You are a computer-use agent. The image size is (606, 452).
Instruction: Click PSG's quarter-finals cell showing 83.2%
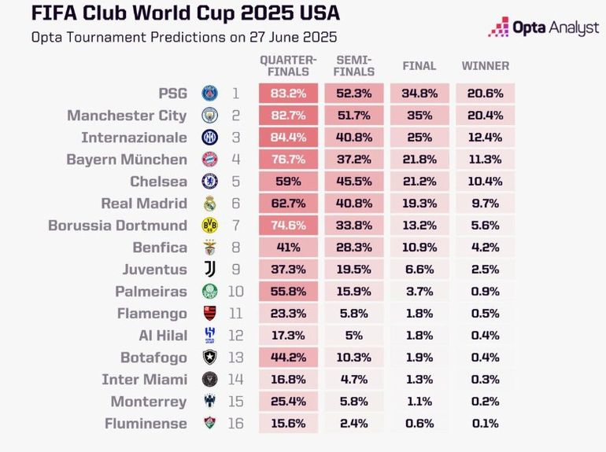click(x=288, y=94)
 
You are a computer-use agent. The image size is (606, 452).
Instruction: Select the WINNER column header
click(x=486, y=66)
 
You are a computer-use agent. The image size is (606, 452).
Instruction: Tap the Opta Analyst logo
click(x=543, y=27)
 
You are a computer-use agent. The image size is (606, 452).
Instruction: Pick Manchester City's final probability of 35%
click(x=419, y=116)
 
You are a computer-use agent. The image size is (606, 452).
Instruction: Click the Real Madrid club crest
click(x=210, y=204)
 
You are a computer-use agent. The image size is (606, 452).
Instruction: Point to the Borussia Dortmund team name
click(x=117, y=226)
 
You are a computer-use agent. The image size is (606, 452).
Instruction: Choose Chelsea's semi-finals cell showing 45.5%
click(x=354, y=182)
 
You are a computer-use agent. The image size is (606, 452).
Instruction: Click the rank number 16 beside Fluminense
click(x=236, y=424)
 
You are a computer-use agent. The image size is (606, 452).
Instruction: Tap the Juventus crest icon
click(x=210, y=270)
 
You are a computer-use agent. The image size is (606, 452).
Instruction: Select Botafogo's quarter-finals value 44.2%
click(x=288, y=358)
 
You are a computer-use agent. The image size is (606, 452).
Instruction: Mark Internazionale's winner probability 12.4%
click(x=486, y=138)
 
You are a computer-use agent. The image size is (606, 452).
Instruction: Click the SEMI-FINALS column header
click(x=354, y=66)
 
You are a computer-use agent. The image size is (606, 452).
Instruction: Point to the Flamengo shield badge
click(x=210, y=314)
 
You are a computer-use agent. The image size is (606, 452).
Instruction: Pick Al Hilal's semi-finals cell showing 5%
click(x=354, y=336)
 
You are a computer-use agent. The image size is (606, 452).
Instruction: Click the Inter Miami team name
click(x=145, y=380)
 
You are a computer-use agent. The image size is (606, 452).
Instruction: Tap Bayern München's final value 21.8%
click(x=419, y=160)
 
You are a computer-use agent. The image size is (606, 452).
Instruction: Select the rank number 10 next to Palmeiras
click(x=236, y=292)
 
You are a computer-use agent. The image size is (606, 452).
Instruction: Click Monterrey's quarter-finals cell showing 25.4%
click(x=288, y=402)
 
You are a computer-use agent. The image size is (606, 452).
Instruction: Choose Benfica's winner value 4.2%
click(x=486, y=248)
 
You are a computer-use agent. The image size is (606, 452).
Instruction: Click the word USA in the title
click(x=320, y=13)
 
